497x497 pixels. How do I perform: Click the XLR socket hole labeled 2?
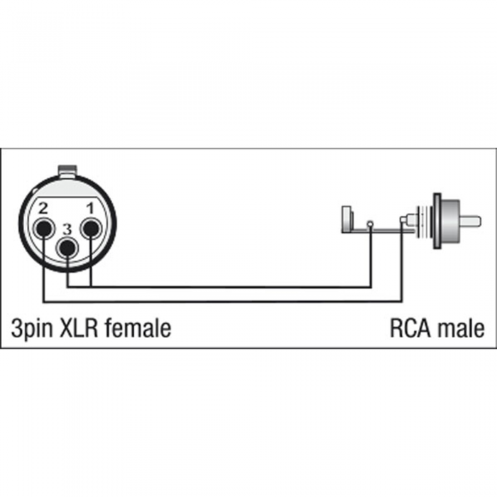(x=44, y=228)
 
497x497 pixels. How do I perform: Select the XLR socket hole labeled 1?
(x=91, y=228)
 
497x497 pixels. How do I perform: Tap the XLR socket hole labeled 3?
(x=67, y=248)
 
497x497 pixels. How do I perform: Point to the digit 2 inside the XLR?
(x=43, y=208)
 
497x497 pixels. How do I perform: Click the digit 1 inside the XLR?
(x=90, y=209)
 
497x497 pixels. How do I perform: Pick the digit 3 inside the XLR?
(x=67, y=229)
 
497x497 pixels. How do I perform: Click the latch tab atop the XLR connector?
(x=67, y=170)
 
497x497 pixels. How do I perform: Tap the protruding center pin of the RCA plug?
(x=470, y=221)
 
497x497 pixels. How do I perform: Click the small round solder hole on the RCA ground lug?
(x=370, y=224)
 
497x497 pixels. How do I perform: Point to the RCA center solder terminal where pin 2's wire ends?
(x=403, y=219)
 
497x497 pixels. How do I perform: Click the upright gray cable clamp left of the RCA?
(x=347, y=219)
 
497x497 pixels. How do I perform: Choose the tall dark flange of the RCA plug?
(x=437, y=221)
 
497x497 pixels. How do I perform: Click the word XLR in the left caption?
(x=79, y=328)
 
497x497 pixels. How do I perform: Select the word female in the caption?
(x=138, y=328)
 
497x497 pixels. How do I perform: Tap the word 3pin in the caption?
(x=32, y=329)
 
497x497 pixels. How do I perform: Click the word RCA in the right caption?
(x=410, y=328)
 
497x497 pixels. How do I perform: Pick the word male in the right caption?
(x=461, y=328)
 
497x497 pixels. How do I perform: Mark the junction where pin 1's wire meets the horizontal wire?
(x=91, y=287)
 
